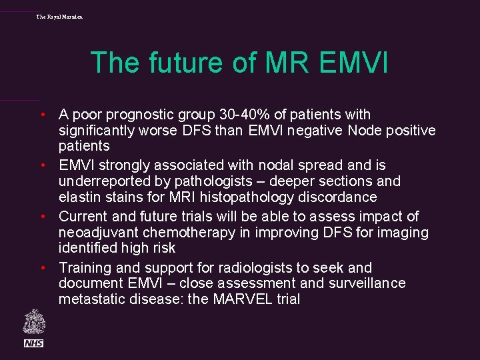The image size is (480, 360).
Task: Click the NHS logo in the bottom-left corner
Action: click(x=34, y=343)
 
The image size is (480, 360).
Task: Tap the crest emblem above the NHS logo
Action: click(x=34, y=322)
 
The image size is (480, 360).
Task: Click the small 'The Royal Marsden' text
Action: click(x=60, y=16)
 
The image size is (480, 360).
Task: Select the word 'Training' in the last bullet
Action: click(x=86, y=268)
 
